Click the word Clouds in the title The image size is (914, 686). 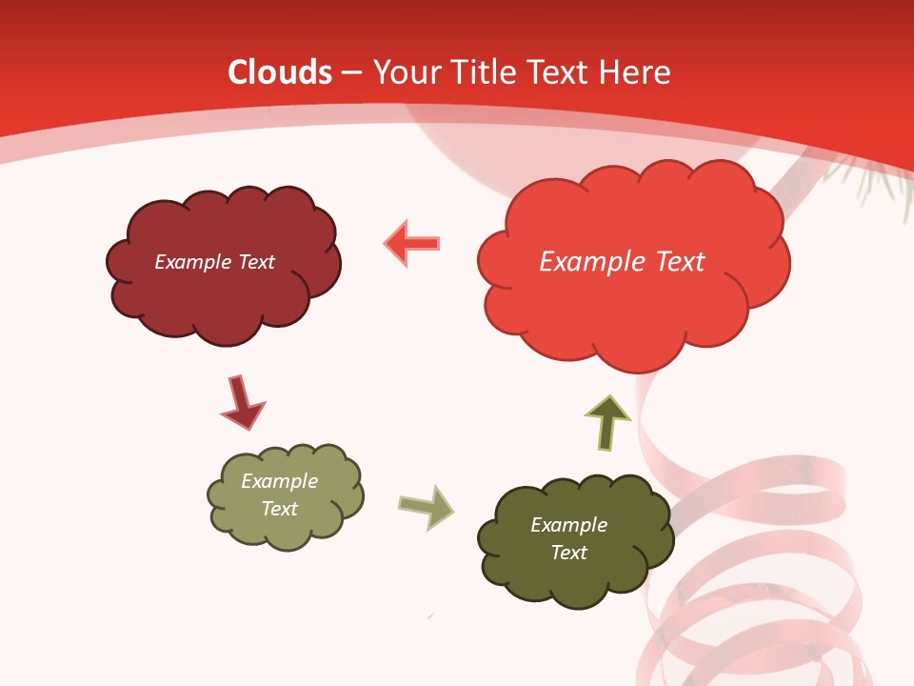[x=280, y=72]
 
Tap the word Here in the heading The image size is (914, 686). [x=635, y=72]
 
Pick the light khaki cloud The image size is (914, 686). [x=286, y=529]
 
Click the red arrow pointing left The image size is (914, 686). [x=412, y=243]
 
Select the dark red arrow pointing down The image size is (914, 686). [x=242, y=402]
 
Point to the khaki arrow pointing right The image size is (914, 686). [x=427, y=507]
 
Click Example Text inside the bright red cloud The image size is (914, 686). [x=622, y=262]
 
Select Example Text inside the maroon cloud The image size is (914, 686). [x=214, y=262]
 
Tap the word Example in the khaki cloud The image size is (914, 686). [x=279, y=481]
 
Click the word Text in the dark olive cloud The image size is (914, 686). [x=568, y=553]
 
